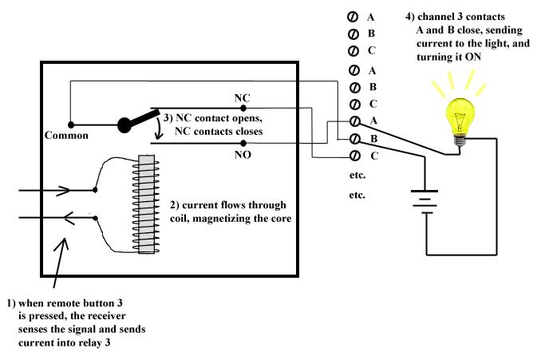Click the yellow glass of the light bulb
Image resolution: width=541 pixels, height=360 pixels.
point(459,115)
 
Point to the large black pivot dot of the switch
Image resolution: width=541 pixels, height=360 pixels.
point(124,125)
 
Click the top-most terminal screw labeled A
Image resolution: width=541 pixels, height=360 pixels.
point(353,17)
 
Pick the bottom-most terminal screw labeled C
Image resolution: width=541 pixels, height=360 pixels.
point(353,156)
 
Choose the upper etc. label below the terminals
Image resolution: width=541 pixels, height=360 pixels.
point(357,174)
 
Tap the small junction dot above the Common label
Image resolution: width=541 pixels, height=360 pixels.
point(70,125)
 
